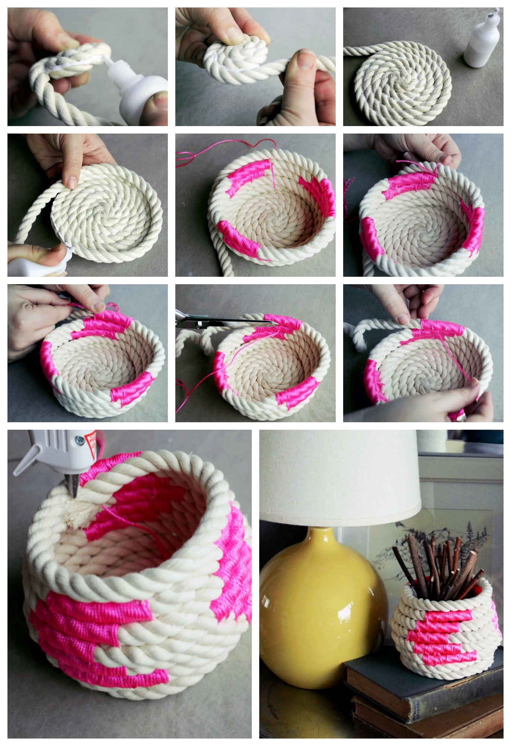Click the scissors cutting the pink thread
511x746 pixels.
pyautogui.click(x=224, y=321)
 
